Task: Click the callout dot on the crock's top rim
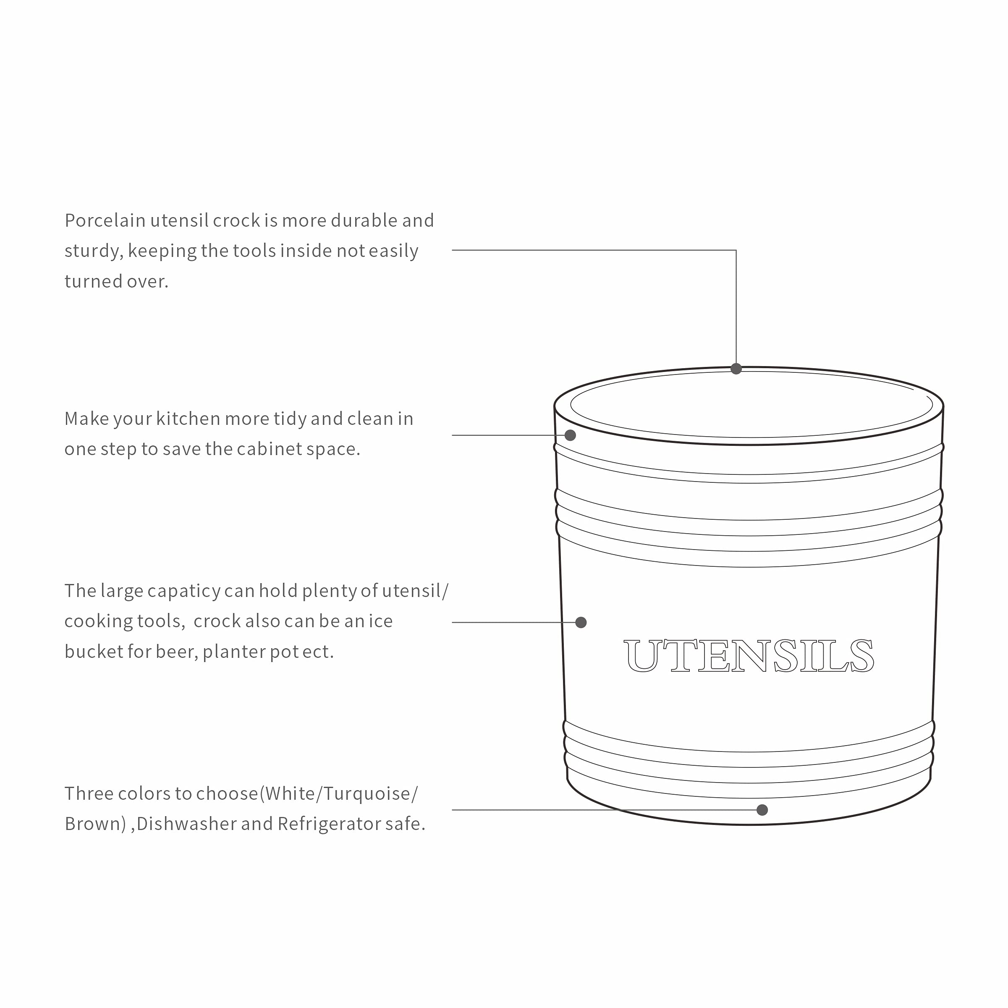(x=736, y=369)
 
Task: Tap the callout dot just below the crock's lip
(x=570, y=435)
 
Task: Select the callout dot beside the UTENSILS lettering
(x=581, y=623)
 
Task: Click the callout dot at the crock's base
(x=762, y=810)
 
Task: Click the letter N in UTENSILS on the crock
(x=750, y=656)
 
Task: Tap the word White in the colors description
(x=290, y=793)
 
